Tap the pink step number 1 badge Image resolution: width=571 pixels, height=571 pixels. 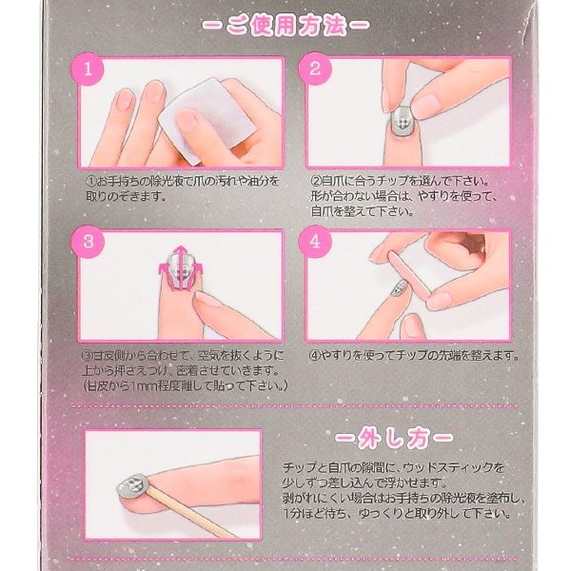(88, 69)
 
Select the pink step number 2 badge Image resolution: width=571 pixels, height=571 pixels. (316, 69)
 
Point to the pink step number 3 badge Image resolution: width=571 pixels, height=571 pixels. (88, 242)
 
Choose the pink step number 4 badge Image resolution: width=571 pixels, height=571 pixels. (316, 242)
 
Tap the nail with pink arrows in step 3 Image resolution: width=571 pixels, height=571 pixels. (178, 272)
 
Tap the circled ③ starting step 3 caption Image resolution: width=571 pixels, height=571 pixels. (89, 357)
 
